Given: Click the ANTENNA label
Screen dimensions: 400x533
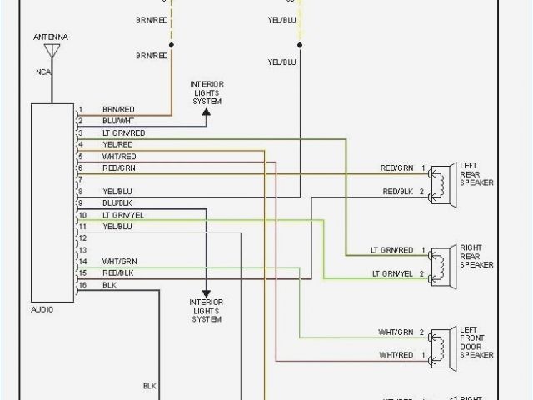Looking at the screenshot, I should tap(52, 38).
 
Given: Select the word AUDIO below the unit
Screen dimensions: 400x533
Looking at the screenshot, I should tap(42, 309).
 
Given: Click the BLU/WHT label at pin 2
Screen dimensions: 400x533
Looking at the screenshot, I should tap(118, 122).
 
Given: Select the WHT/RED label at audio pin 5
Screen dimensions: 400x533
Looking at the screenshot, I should tap(119, 157).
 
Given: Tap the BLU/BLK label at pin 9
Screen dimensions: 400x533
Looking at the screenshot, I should tap(117, 203).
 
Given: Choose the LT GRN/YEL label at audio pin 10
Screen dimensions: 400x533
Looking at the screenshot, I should tap(123, 215).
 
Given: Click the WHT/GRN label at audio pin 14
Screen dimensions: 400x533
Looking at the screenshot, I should tap(119, 262).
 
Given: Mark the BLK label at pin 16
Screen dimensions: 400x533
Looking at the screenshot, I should tap(109, 285).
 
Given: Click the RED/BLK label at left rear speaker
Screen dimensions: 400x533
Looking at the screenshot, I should tap(398, 192).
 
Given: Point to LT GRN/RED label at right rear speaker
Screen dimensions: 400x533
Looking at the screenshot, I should tap(392, 250).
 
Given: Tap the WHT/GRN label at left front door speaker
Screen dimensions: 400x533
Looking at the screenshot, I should tap(398, 332).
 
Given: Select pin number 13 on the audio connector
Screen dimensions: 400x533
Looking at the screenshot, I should tap(82, 250).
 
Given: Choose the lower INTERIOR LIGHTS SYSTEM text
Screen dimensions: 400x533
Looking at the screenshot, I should tap(206, 310).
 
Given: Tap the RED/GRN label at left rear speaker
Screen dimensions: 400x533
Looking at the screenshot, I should tap(398, 168).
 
